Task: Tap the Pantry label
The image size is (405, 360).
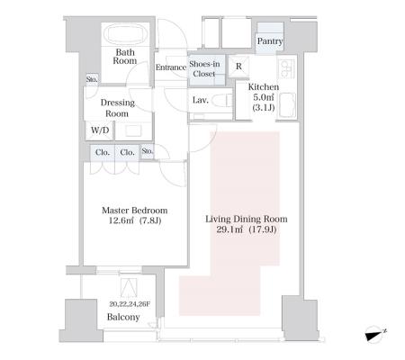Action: coord(270,41)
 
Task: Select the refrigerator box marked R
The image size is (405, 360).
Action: coord(238,66)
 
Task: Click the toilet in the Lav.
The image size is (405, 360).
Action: coord(224,100)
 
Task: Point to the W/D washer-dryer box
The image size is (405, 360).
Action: coord(100,130)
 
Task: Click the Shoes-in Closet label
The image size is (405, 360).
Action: coord(204,68)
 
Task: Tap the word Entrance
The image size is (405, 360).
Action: coord(171,67)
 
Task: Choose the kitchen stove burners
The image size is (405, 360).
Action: coord(286,69)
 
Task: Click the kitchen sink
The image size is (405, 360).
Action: coord(288,104)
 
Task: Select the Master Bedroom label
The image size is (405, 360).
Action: coord(135,211)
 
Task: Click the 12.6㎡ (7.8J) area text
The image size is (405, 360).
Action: coord(135,220)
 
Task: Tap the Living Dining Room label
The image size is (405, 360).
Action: coord(247,219)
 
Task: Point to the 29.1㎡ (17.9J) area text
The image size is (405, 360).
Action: coord(247,229)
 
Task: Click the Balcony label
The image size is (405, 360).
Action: coord(123,317)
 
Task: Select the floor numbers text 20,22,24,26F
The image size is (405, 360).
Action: coord(130,304)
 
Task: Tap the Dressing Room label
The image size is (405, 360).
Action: coord(117,108)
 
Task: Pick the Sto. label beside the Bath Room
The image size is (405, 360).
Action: coord(92,79)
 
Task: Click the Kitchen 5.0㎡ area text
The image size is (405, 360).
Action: coord(264,97)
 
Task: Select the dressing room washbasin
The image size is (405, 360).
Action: coord(133,130)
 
